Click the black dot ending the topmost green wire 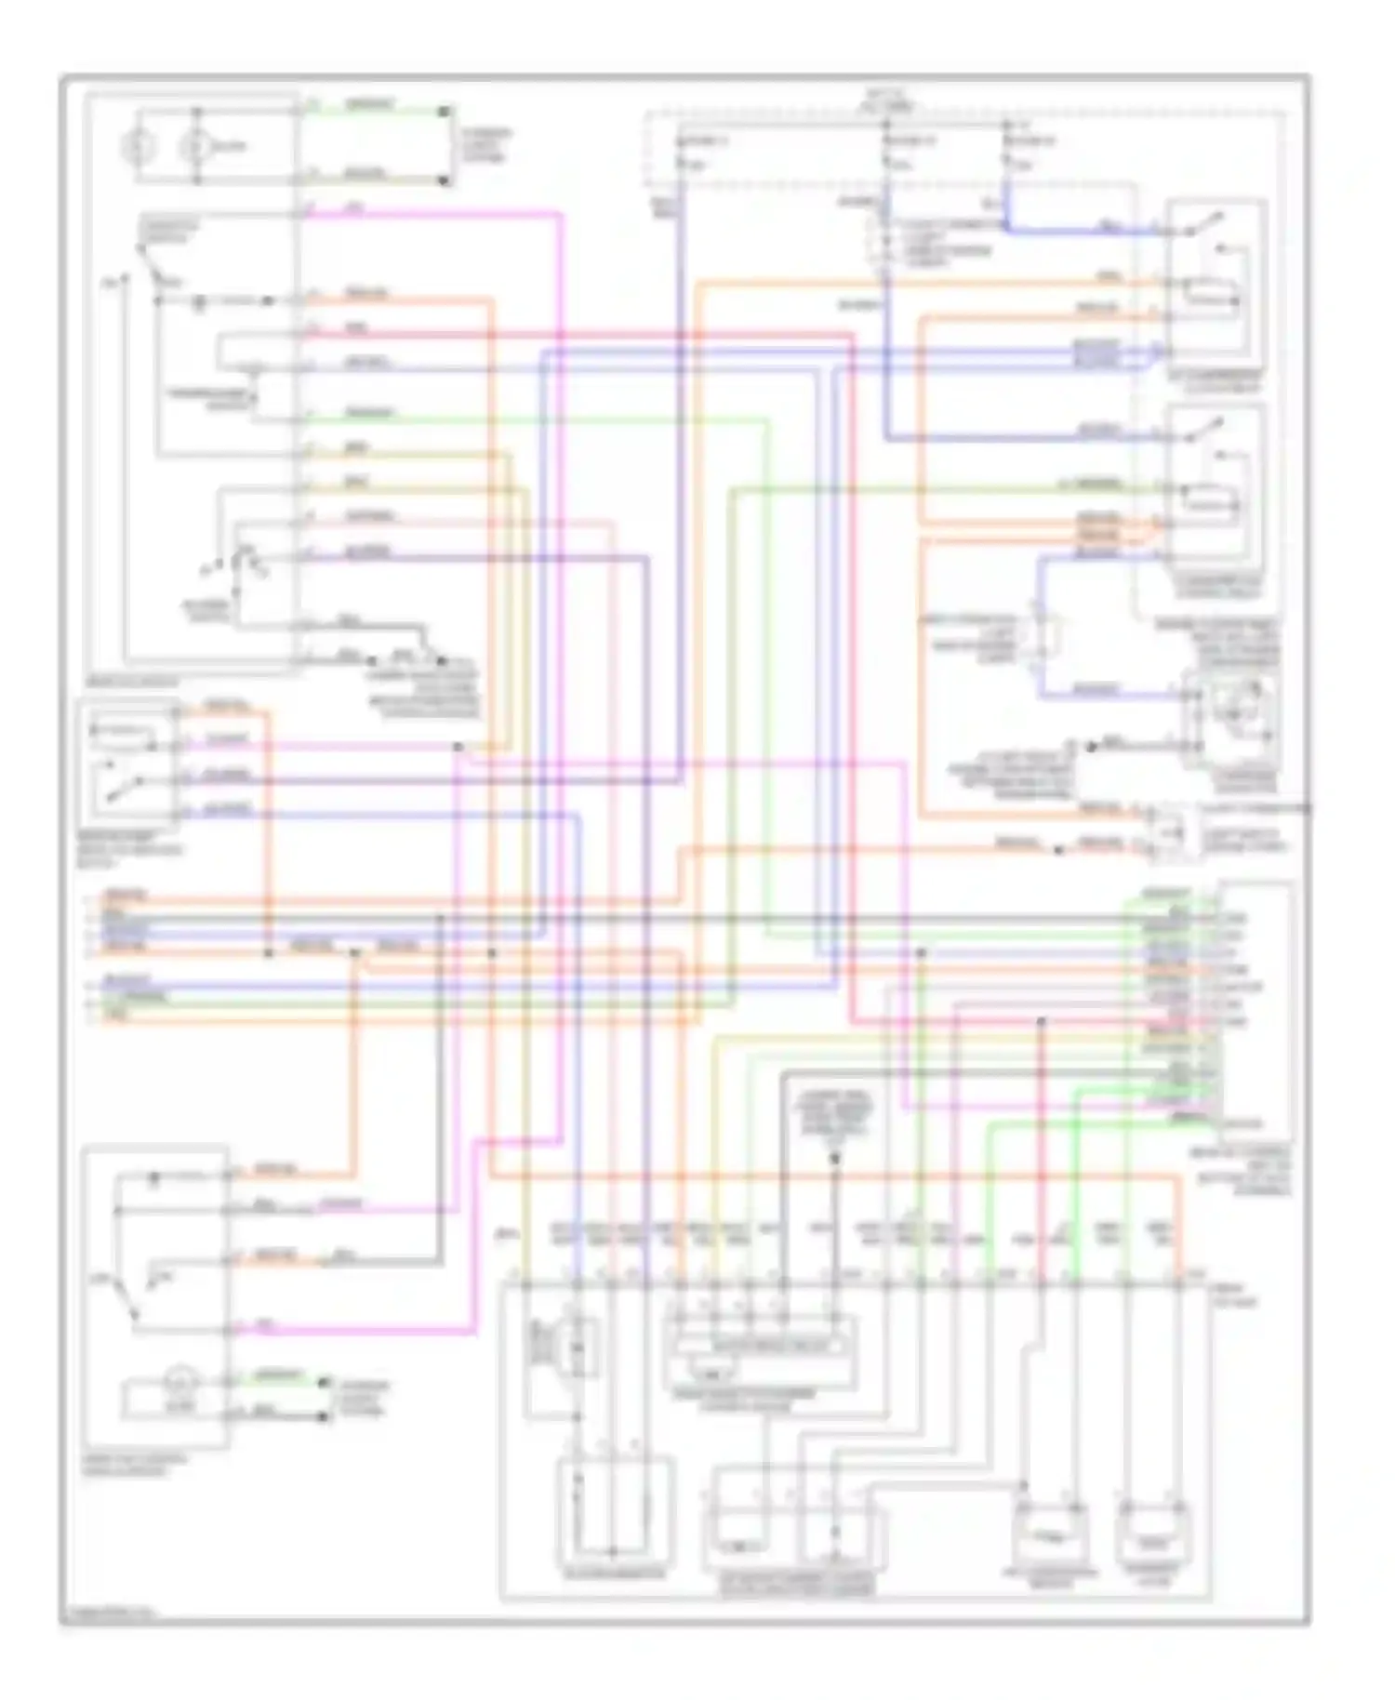click(445, 112)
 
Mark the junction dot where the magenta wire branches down click(458, 747)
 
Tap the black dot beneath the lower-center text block click(835, 1159)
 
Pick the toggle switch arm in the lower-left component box click(126, 1296)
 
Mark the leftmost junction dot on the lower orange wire click(269, 954)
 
